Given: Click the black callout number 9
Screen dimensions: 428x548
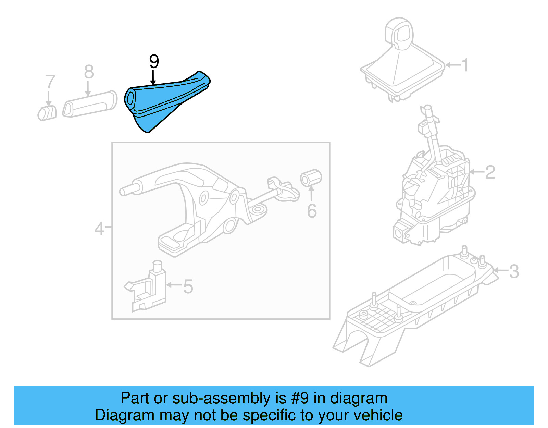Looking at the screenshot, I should [154, 62].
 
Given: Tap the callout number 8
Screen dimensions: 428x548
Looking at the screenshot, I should [89, 72].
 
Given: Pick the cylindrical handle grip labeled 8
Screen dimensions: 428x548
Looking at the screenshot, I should [90, 104].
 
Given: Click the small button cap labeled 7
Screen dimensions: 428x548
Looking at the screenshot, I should [47, 113].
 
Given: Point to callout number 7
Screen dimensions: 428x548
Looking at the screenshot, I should [50, 82].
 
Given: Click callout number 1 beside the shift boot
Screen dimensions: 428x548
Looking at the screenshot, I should [465, 65].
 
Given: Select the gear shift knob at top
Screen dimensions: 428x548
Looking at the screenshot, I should [400, 33].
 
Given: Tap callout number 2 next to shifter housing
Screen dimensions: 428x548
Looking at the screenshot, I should [490, 172].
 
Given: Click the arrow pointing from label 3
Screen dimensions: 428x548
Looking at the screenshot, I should [500, 271].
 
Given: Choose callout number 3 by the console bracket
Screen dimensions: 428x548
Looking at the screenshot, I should [514, 272].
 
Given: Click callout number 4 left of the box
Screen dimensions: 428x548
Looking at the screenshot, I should [99, 229].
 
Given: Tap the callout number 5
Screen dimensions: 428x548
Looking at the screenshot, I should [188, 286].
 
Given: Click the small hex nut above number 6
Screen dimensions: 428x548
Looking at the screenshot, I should [311, 178].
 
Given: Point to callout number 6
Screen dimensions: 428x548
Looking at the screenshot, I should [312, 211].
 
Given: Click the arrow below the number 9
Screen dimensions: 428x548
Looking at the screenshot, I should [153, 77].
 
